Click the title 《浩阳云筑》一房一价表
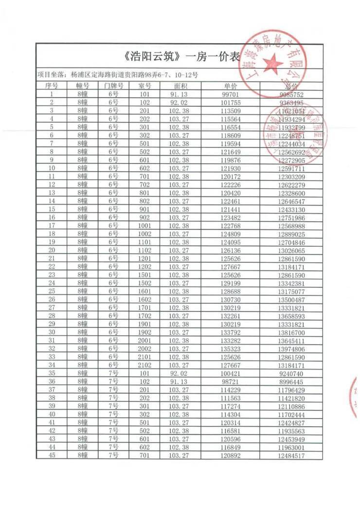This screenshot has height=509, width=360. pyautogui.click(x=180, y=56)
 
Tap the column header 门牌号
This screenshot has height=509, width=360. pyautogui.click(x=113, y=86)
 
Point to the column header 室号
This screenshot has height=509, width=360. pyautogui.click(x=144, y=86)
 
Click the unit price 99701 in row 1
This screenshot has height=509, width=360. pyautogui.click(x=231, y=94)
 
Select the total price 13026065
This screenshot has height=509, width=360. pyautogui.click(x=292, y=251)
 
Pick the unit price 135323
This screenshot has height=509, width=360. pyautogui.click(x=231, y=349)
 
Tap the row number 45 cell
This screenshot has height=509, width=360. pyautogui.click(x=52, y=456)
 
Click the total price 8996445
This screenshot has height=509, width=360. pyautogui.click(x=292, y=382)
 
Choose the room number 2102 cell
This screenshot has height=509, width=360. pyautogui.click(x=144, y=365)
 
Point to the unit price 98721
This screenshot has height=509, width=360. pyautogui.click(x=231, y=382)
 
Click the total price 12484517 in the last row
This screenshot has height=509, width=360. pyautogui.click(x=292, y=456)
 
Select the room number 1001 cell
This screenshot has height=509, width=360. pyautogui.click(x=144, y=226)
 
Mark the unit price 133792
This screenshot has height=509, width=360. pyautogui.click(x=231, y=332)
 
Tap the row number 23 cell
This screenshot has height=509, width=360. pyautogui.click(x=52, y=275)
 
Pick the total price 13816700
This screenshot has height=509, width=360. pyautogui.click(x=292, y=332)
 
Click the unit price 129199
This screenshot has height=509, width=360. pyautogui.click(x=231, y=283)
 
